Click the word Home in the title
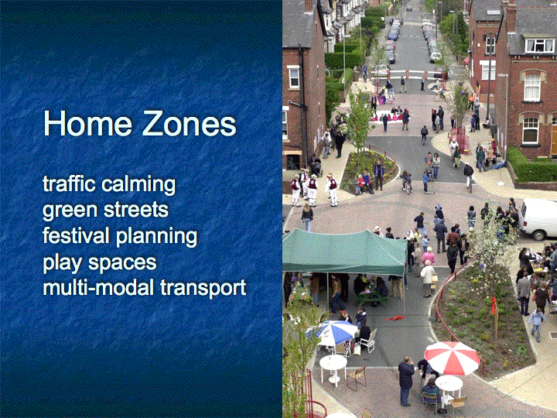pos(87,123)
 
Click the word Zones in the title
pos(189,123)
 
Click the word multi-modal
pos(98,287)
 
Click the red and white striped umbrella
pos(452,357)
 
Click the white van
pos(538,218)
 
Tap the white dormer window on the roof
pos(539,45)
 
